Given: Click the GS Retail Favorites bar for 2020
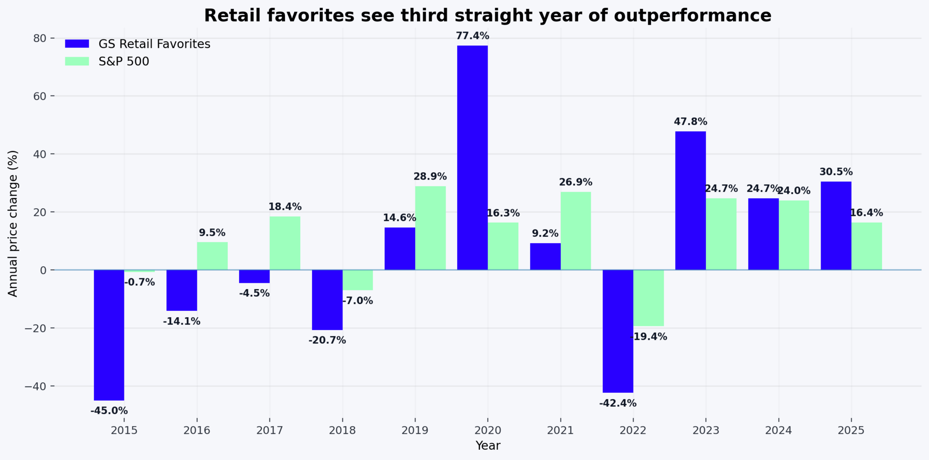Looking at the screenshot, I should point(472,157).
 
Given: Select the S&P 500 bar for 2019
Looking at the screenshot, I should point(430,228).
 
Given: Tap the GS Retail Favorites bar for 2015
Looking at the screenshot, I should point(109,335).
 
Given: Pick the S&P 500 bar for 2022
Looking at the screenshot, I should point(648,298).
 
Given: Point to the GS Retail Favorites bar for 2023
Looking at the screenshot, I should point(690,200).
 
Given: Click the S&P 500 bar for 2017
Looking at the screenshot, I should point(285,243).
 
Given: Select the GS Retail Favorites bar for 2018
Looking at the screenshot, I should point(327,300).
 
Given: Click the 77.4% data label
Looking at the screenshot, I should point(472,36).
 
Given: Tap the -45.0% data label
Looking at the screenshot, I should point(109,411).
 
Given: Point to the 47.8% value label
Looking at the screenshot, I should point(690,122).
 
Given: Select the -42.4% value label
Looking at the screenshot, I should point(617,403).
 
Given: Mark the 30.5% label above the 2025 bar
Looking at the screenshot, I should point(836,172).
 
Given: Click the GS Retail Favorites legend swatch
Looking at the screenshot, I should point(77,44).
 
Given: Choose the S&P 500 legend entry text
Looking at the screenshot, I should point(124,61).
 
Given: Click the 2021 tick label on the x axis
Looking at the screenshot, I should point(560,430).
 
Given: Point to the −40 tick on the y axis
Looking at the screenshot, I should point(36,386).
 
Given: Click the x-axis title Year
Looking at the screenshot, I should point(488,445).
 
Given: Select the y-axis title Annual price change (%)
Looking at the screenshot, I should point(13,223).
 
